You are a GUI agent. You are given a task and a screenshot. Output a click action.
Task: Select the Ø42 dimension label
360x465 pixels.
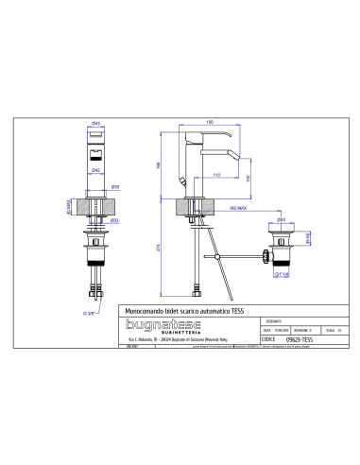pos(97,169)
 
